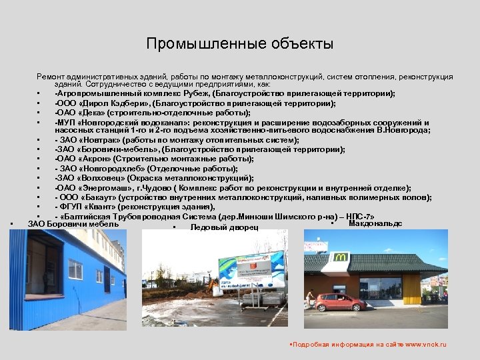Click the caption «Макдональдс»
click(x=375, y=224)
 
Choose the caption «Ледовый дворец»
click(x=224, y=227)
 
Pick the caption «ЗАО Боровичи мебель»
click(x=73, y=224)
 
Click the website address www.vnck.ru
click(x=424, y=345)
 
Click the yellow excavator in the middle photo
click(x=215, y=287)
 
